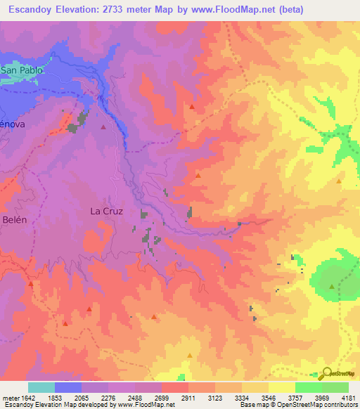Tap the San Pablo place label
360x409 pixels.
pos(21,70)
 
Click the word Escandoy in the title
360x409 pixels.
pos(29,10)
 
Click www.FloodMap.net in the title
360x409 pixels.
pos(252,10)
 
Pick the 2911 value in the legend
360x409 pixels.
pos(188,398)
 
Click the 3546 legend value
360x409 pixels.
pos(269,398)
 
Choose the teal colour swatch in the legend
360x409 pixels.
pos(41,387)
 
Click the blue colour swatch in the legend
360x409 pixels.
pos(67,387)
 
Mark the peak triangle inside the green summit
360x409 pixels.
pos(333,286)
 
